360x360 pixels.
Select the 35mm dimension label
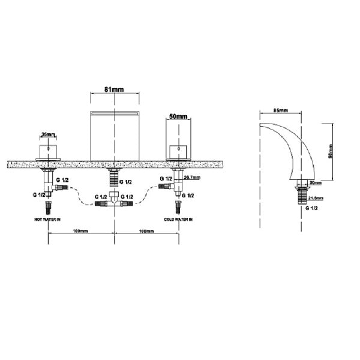tap(49, 135)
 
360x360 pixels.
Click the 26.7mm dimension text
tap(192, 178)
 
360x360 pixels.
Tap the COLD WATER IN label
tap(178, 220)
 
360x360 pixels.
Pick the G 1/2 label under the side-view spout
tap(311, 208)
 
